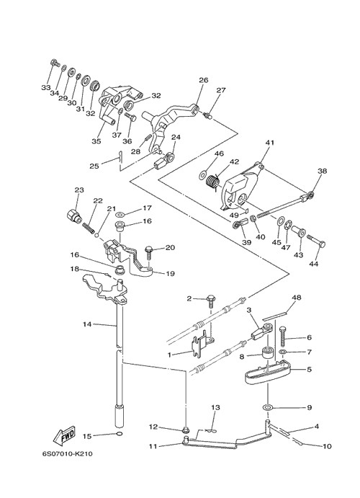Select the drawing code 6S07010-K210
pos(68,453)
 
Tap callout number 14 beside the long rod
pos(87,324)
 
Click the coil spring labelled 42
pos(212,182)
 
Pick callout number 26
pos(203,80)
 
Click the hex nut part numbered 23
pos(73,216)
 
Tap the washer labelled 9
pos(268,407)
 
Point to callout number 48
pos(297,298)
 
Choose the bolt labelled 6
pos(283,337)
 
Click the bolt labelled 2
pos(210,302)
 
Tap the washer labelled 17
pos(120,213)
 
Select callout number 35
pos(96,141)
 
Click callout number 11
pos(153,446)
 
